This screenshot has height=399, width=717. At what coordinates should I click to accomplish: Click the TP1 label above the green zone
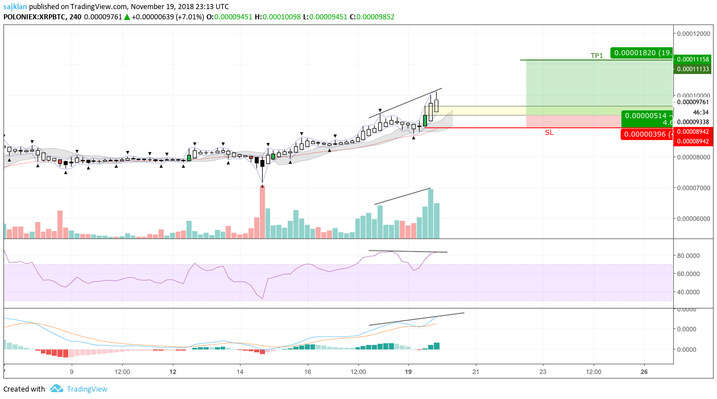click(596, 56)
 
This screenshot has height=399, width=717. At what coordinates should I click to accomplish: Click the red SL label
click(549, 133)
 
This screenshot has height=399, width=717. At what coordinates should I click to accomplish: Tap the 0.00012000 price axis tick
click(694, 34)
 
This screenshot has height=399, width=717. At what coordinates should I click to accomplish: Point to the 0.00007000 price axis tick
click(694, 188)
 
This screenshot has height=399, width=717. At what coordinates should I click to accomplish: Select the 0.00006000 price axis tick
click(694, 219)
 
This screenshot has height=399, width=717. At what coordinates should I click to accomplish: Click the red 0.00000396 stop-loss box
click(648, 135)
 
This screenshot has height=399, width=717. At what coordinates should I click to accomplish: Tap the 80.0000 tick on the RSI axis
click(693, 256)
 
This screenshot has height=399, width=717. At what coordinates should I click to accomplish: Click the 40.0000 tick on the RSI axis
click(693, 292)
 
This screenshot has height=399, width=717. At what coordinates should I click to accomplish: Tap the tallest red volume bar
click(262, 212)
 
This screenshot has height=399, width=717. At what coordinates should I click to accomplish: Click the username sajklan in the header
click(16, 6)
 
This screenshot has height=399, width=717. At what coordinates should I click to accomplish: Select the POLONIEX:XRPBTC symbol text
click(35, 17)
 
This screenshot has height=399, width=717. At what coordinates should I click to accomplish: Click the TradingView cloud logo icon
click(56, 389)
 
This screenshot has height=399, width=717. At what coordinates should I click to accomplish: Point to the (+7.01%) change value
click(188, 17)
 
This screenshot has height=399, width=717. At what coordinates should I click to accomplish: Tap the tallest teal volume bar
click(430, 213)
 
